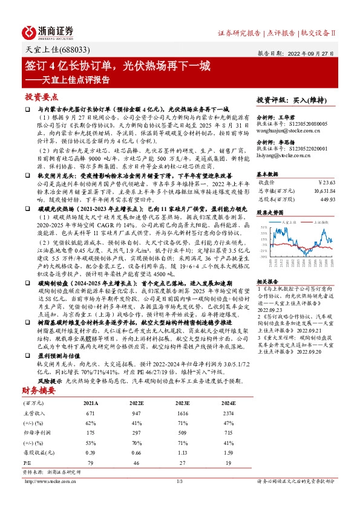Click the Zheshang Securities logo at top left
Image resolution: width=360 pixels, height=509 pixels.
click(48, 32)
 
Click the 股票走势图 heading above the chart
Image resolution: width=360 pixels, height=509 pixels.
click(270, 213)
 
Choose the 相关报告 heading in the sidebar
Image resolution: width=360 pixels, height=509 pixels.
click(267, 282)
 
